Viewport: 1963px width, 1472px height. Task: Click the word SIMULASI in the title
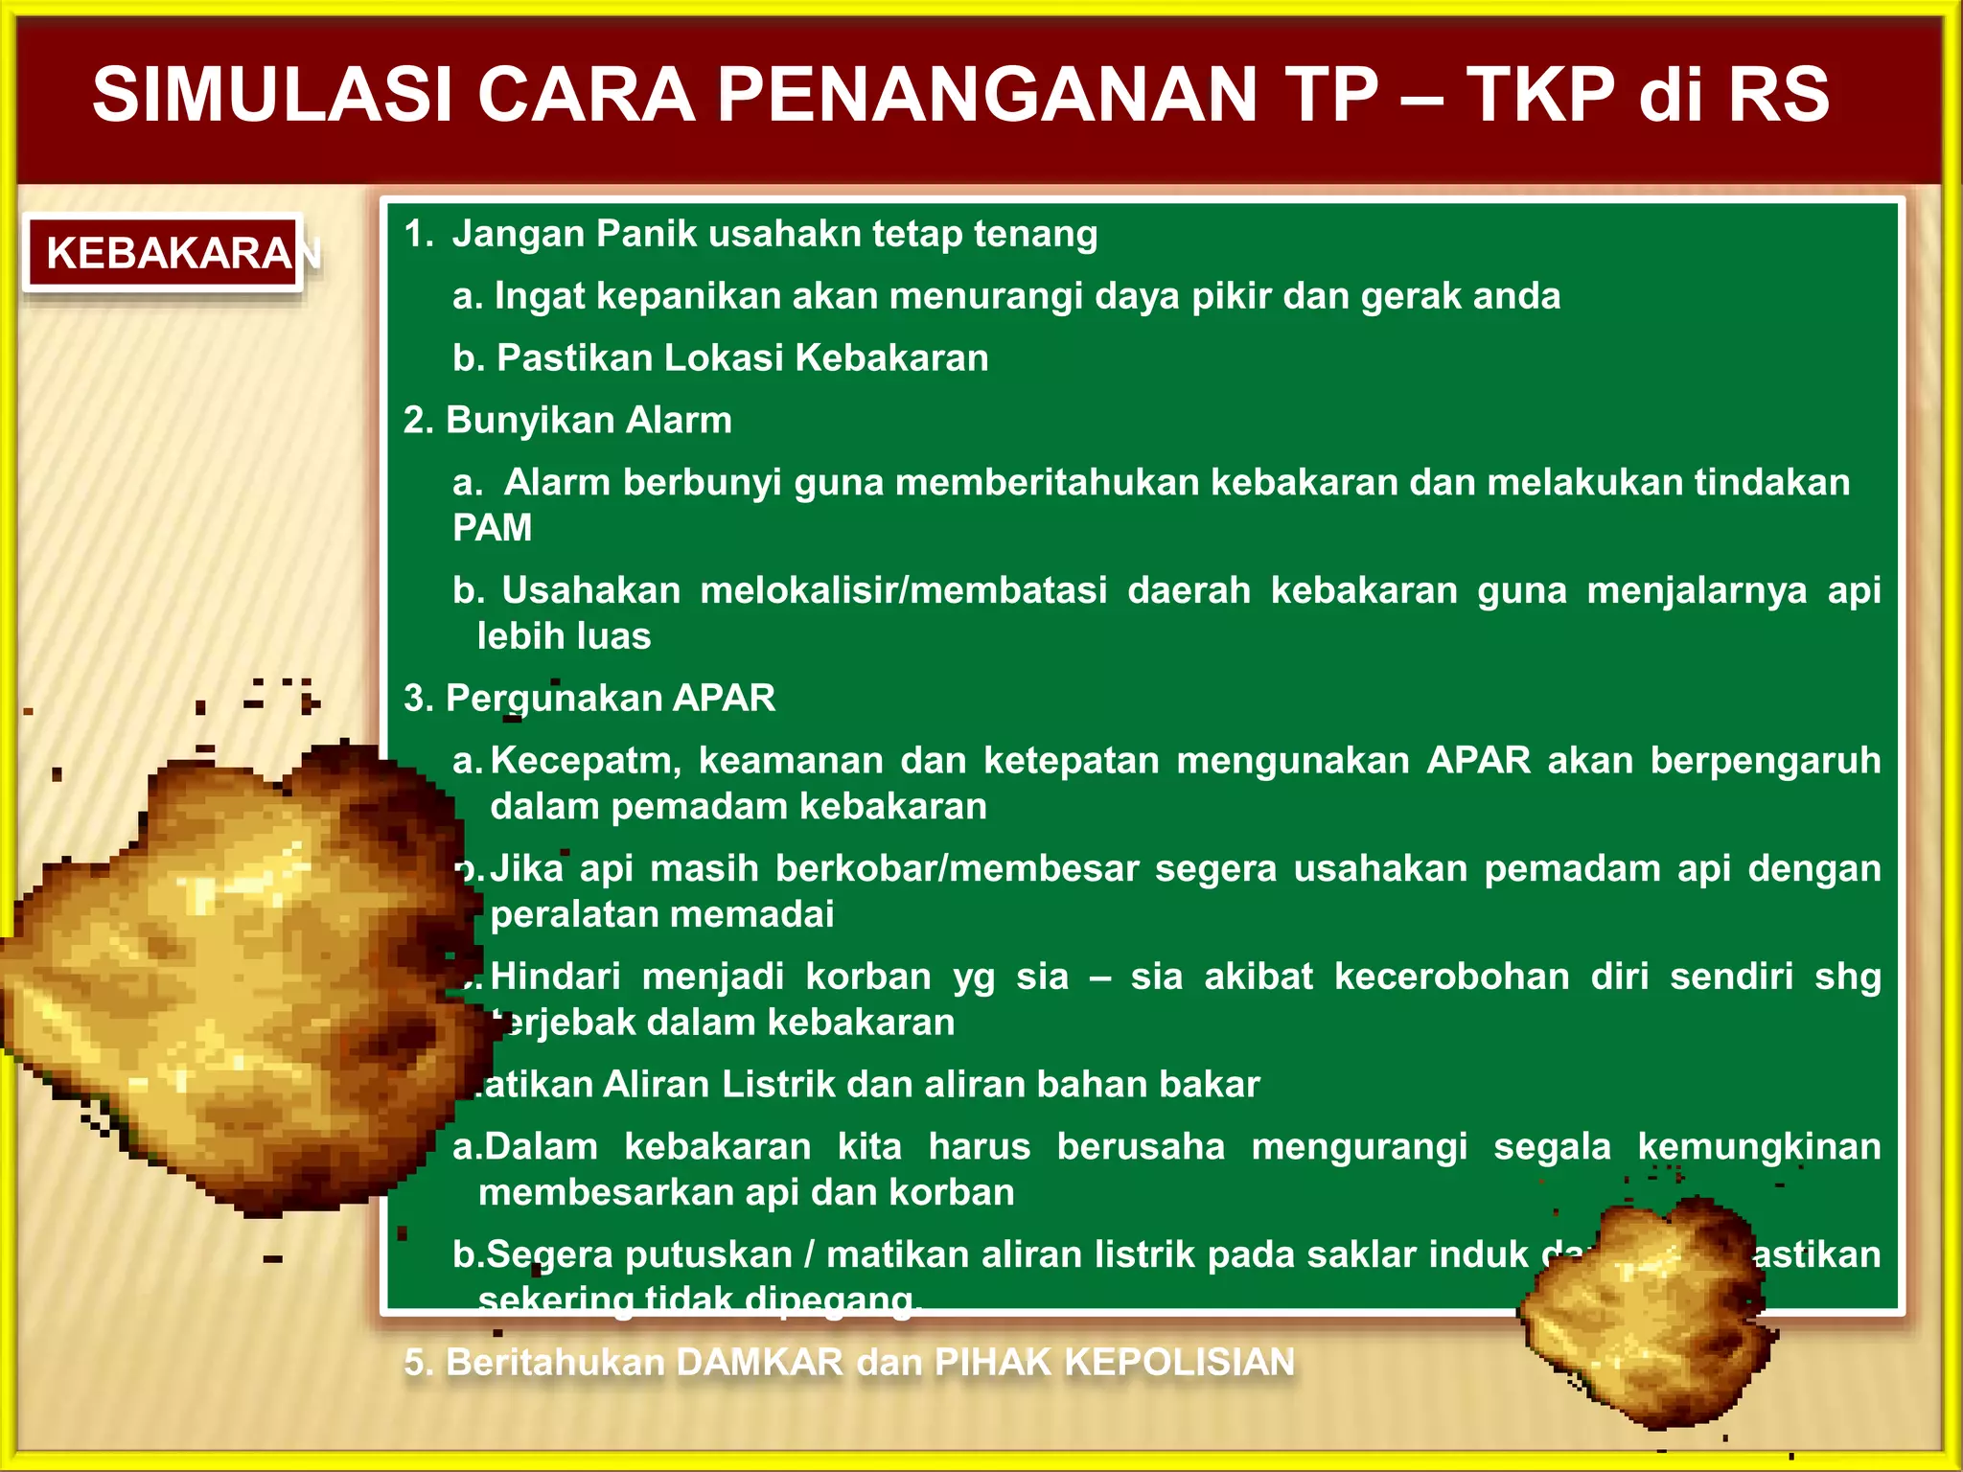[x=272, y=95]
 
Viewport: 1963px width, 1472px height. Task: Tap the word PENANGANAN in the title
[x=987, y=95]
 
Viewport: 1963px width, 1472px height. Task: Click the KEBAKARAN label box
[x=163, y=253]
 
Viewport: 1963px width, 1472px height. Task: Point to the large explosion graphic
[x=240, y=977]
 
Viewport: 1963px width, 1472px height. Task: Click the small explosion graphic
[x=1649, y=1313]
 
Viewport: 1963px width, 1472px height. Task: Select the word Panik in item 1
[x=646, y=234]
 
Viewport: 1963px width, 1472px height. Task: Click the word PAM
[x=492, y=528]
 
